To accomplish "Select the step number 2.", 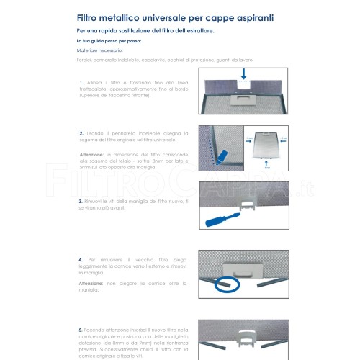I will tap(81, 133).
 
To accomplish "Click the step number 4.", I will tap(81, 258).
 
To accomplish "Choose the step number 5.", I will tap(81, 328).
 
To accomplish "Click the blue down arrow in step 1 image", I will tap(246, 73).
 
